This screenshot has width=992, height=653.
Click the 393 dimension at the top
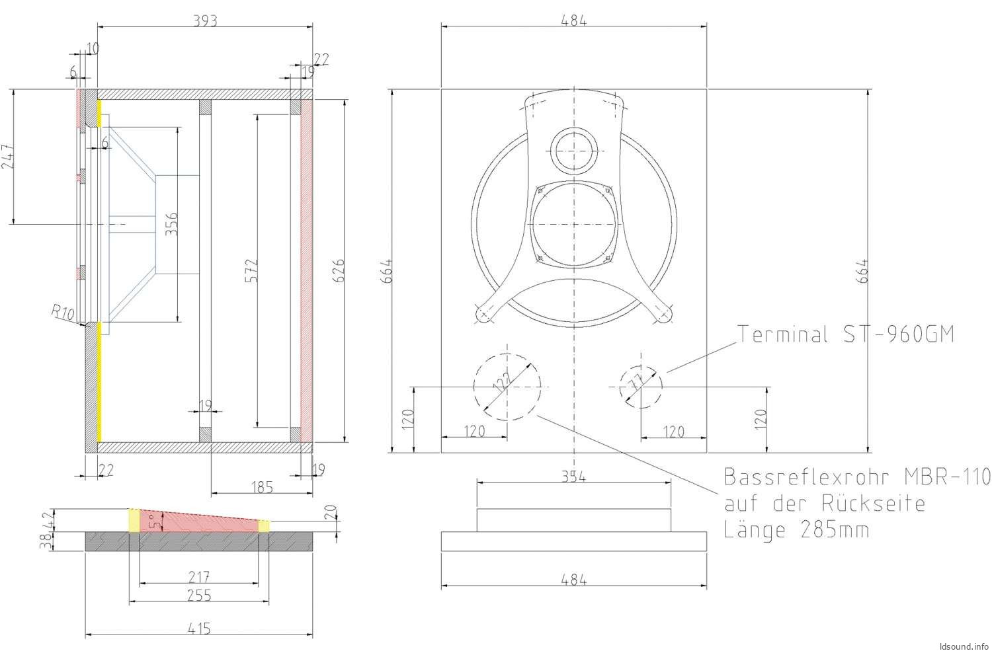pyautogui.click(x=205, y=20)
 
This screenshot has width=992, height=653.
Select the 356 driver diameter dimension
pyautogui.click(x=171, y=224)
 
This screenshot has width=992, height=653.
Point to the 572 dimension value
pyautogui.click(x=251, y=270)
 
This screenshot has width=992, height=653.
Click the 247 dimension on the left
pyautogui.click(x=7, y=157)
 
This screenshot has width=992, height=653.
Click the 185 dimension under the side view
pyautogui.click(x=262, y=487)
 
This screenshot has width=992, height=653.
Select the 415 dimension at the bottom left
pyautogui.click(x=198, y=629)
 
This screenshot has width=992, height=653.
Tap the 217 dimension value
pyautogui.click(x=198, y=577)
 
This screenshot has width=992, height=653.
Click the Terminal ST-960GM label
pyautogui.click(x=846, y=334)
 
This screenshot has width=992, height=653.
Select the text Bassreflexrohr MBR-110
pyautogui.click(x=857, y=477)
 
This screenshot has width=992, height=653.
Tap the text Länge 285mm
pyautogui.click(x=796, y=529)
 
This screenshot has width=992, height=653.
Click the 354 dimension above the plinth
pyautogui.click(x=573, y=477)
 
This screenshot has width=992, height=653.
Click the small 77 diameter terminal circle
pyautogui.click(x=640, y=386)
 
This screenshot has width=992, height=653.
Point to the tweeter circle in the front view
pyautogui.click(x=574, y=149)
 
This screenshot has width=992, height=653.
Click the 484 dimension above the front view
pyautogui.click(x=573, y=20)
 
